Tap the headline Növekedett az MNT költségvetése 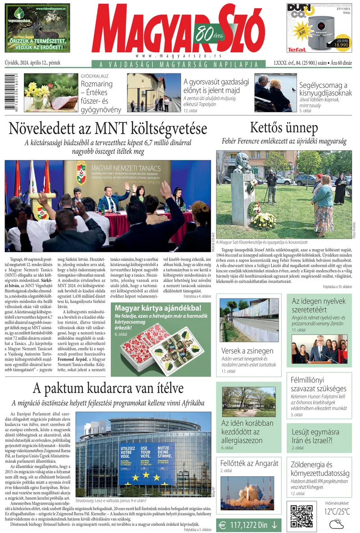click(x=108, y=129)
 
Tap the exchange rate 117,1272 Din click(x=248, y=524)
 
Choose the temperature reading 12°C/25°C click(x=337, y=511)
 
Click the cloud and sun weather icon click(x=337, y=524)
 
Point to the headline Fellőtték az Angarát click(x=249, y=463)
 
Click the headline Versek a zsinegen click(x=247, y=351)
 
